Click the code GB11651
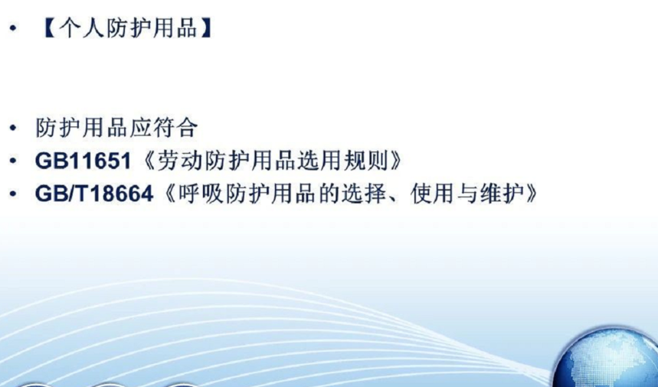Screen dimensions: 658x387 [x=83, y=161]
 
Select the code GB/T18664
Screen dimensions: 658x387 [x=94, y=194]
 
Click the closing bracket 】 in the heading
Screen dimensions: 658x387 [x=205, y=28]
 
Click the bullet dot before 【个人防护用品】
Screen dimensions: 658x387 [x=14, y=28]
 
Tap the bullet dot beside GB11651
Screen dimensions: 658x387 [x=14, y=161]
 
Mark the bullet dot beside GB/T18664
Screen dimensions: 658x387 [x=14, y=194]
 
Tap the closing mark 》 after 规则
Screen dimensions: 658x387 [x=396, y=161]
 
